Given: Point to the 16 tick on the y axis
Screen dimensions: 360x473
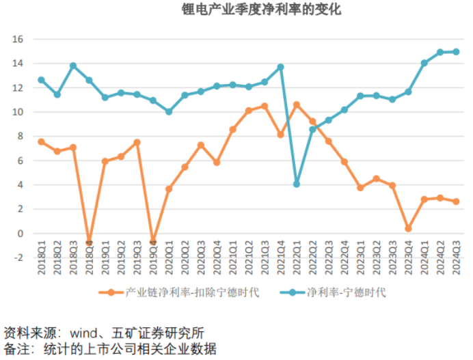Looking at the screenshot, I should [18, 39].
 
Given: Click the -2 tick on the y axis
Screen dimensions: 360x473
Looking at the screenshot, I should [18, 258].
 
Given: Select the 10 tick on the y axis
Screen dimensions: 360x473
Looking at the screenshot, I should [18, 112].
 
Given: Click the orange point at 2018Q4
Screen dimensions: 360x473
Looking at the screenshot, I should [89, 243].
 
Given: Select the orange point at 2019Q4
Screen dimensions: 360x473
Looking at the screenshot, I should [152, 242].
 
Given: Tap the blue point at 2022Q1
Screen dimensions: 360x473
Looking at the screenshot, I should [297, 184].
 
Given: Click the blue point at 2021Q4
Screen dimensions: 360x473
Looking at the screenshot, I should [280, 67].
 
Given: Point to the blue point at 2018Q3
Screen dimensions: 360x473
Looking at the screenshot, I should [73, 66].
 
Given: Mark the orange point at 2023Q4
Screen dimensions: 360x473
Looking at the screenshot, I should [408, 229].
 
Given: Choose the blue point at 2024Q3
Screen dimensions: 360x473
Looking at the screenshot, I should [456, 52].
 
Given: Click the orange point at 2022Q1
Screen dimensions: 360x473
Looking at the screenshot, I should [297, 105].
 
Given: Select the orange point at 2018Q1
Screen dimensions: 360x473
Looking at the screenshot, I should [41, 141].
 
